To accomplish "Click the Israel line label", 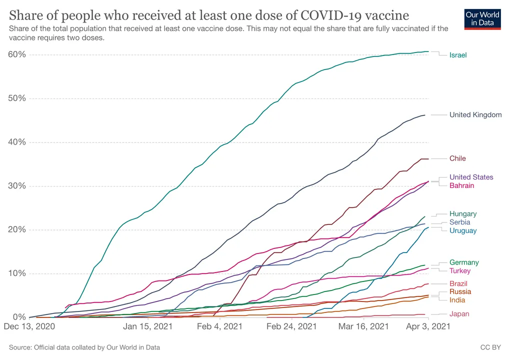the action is [458, 55].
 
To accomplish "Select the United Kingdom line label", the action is [475, 115].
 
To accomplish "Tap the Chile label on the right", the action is [457, 158].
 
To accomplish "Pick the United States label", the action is [471, 177].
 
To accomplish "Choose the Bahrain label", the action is [462, 185].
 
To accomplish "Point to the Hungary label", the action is [463, 213].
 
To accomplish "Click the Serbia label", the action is [460, 222].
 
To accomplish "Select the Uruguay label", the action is [463, 230].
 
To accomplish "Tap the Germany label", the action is [464, 262].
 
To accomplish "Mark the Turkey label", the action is [460, 270].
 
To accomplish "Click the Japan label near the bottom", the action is [459, 314].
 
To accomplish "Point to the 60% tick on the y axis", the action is [17, 54].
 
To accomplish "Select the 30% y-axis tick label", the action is [17, 185].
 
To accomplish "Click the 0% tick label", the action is [19, 317].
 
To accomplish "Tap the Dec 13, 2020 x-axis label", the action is [29, 326].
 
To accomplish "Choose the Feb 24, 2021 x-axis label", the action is [291, 326].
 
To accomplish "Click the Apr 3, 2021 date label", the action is [428, 326].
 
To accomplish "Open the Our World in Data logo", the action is [482, 19].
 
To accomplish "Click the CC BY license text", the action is [490, 347].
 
